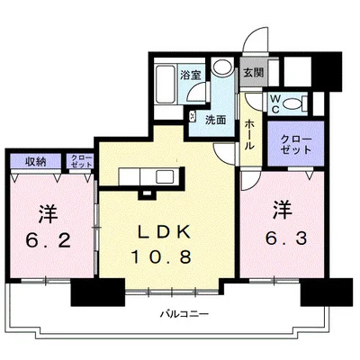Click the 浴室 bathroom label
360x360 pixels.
point(191,75)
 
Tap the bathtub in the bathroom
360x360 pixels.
point(166,84)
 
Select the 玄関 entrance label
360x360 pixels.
point(254,73)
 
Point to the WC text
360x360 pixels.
point(275,104)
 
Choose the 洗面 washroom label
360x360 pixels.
point(215,121)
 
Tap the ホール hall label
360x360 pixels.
point(250,135)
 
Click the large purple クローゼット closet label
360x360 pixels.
point(296,145)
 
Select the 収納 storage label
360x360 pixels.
point(35,162)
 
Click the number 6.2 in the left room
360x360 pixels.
point(49,240)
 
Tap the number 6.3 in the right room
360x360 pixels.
point(286,238)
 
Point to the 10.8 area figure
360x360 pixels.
point(161,257)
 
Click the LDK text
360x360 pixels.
point(164,232)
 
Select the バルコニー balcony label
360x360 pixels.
point(184,314)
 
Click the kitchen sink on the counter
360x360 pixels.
point(165,176)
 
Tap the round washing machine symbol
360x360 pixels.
point(222,66)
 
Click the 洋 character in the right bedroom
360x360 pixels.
point(283,210)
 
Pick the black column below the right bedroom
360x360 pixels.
point(327,292)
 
